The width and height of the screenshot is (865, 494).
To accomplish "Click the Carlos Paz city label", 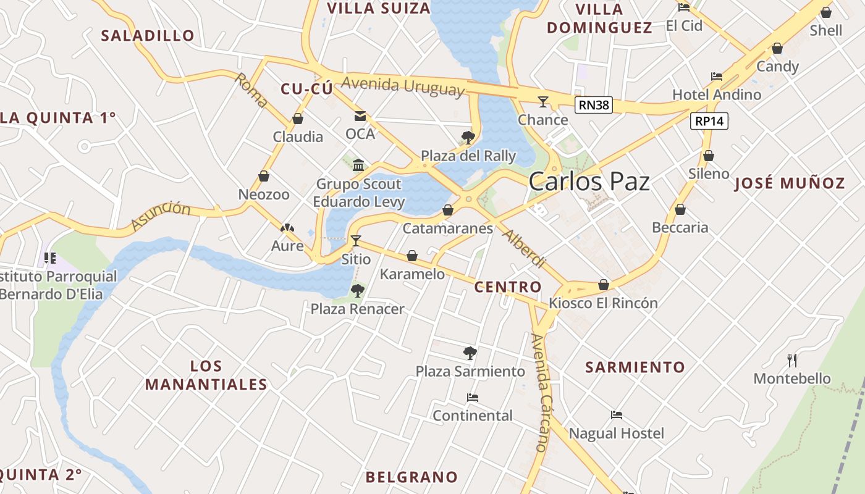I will point(589,182).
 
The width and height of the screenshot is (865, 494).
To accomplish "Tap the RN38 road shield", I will point(594,105).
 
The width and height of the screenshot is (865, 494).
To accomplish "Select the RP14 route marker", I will point(709,121).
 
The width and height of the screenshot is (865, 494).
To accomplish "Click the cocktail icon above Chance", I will point(543,102).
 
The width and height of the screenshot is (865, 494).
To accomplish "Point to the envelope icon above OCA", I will point(360,116).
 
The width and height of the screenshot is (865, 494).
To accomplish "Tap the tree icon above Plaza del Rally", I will point(468,137).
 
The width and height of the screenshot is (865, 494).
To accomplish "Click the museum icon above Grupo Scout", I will point(358,165).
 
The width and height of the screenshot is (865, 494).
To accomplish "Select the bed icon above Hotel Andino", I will point(717,77).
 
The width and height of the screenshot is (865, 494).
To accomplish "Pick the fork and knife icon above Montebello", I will point(792,360).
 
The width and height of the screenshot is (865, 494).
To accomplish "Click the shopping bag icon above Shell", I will point(826,12).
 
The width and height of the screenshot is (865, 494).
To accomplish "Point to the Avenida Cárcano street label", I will point(539,392).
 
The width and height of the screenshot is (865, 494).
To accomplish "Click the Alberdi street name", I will point(523,248).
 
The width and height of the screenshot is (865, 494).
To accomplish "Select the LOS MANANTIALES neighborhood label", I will point(206,375).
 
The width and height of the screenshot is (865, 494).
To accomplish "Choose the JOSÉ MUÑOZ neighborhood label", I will point(790,183).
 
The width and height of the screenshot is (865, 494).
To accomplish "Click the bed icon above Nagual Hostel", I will point(616,415).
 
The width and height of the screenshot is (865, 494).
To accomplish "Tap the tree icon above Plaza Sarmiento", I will point(470,353).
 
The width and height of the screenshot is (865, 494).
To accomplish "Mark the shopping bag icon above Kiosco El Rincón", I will point(604,285).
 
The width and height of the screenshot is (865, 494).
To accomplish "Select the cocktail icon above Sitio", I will point(355,240).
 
